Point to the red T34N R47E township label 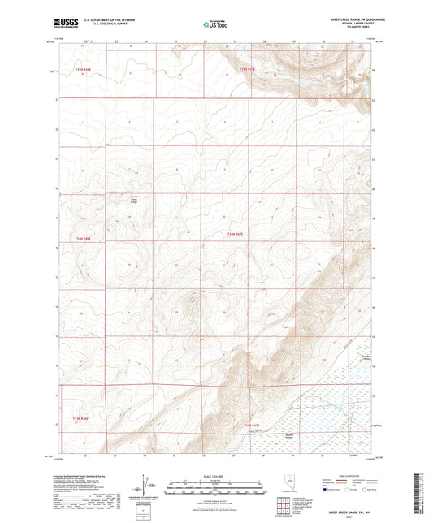tap(235, 234)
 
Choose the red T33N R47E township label tap(253, 425)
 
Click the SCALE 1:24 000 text tap(215, 476)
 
